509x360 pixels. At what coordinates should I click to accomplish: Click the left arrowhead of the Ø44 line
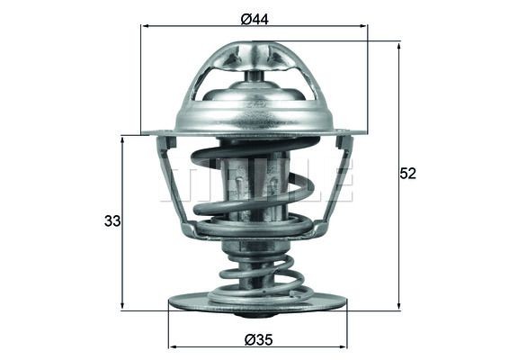pyautogui.click(x=145, y=27)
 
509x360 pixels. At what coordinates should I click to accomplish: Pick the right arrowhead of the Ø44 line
pyautogui.click(x=364, y=27)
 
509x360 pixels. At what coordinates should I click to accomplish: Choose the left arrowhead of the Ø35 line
pyautogui.click(x=173, y=346)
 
